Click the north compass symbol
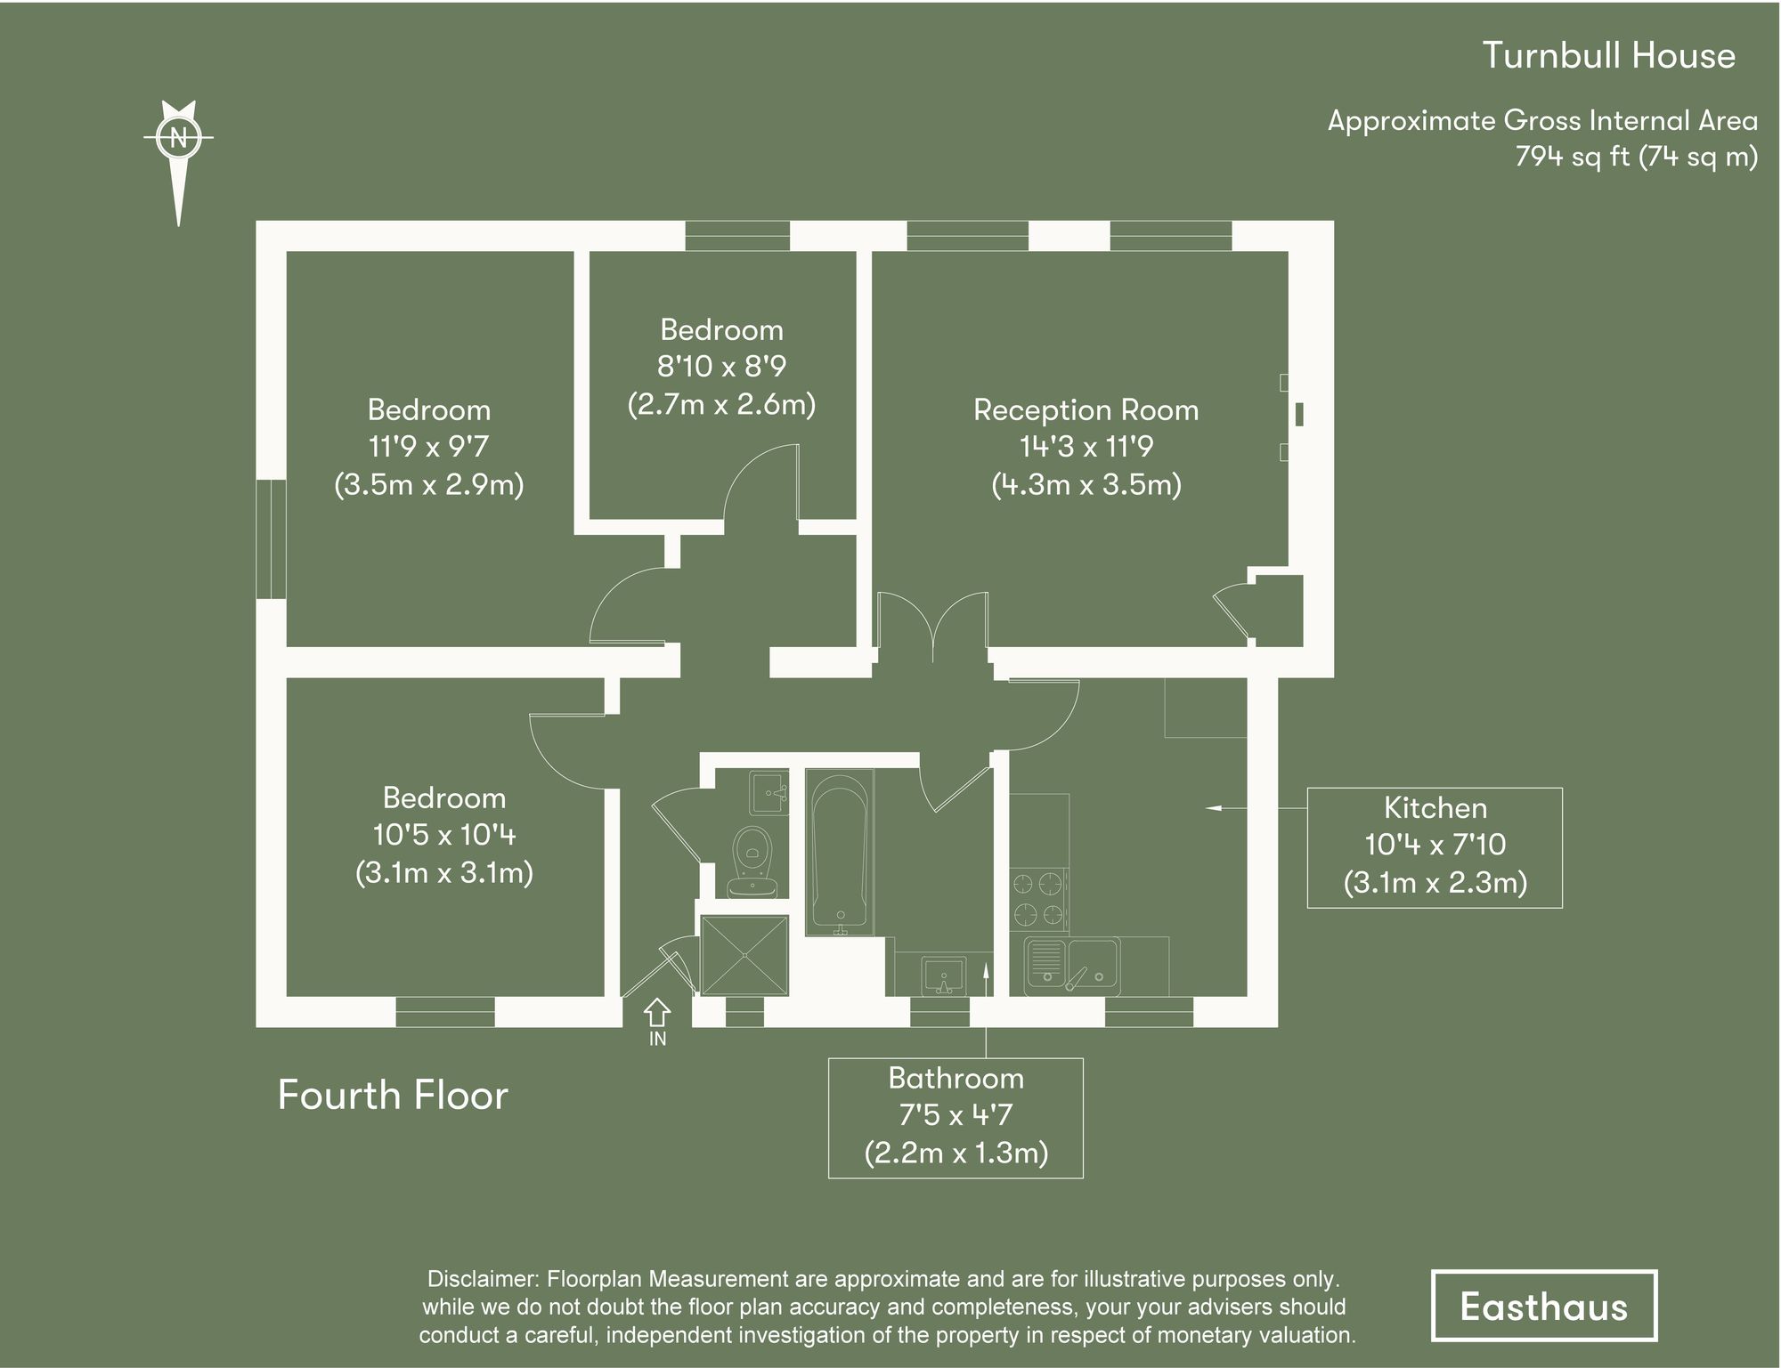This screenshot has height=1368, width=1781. pos(179,138)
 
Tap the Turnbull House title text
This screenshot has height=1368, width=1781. pos(1608,55)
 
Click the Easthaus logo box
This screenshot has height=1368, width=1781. pos(1543,1306)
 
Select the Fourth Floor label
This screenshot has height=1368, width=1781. pos(393,1095)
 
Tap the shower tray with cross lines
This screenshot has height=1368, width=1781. pos(744,955)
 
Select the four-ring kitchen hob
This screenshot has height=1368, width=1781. pos(1038,899)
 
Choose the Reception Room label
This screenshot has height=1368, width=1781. pos(1086,410)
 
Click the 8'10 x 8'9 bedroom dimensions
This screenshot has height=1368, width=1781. pos(721,367)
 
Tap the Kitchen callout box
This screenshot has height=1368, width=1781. pos(1434,846)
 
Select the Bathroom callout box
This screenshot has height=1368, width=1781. pos(956,1117)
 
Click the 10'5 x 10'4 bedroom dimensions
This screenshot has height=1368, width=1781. pos(443,835)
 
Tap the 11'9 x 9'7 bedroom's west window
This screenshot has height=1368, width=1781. pos(271,539)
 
